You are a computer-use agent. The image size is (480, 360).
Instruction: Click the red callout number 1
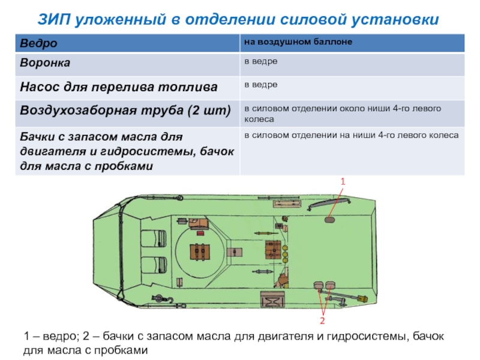pos(343,181)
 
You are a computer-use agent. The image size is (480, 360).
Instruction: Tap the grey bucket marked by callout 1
pos(330,220)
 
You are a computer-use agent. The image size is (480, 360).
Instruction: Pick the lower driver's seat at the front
pos(154,265)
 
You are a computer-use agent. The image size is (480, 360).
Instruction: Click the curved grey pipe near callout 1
pos(317,205)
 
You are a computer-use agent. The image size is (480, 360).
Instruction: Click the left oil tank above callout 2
pos(318,286)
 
